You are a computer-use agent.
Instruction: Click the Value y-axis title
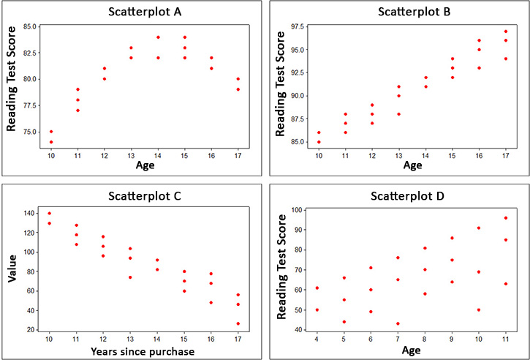tap(12, 269)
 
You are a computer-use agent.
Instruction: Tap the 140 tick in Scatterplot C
tap(30, 213)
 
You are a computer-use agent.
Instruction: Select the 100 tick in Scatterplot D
tap(299, 210)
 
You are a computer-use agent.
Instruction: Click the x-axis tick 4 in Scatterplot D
tap(316, 340)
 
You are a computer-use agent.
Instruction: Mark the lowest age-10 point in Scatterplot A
tap(51, 142)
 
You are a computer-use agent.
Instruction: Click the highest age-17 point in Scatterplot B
tap(506, 31)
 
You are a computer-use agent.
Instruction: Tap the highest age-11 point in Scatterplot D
tap(505, 217)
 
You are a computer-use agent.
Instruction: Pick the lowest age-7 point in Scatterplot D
tap(397, 323)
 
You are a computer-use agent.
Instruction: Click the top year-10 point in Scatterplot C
tap(49, 213)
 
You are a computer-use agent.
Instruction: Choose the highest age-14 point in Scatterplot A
tap(158, 37)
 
